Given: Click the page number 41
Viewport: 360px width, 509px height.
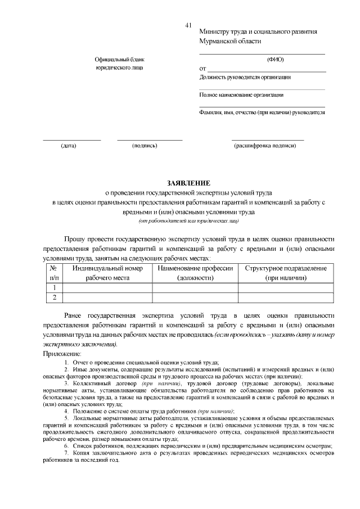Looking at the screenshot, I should (188, 25).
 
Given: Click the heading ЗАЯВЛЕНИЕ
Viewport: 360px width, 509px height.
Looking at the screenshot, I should (188, 183).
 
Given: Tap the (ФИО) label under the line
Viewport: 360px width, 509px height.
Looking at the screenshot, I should (275, 59).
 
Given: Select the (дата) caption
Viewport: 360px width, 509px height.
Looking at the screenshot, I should (69, 146).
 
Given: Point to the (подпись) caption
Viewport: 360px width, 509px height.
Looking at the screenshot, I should (145, 146).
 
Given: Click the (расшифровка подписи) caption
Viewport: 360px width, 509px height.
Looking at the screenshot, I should (265, 146).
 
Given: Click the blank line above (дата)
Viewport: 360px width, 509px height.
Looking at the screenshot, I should (72, 139).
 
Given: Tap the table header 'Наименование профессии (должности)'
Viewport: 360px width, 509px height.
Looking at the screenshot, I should (195, 273).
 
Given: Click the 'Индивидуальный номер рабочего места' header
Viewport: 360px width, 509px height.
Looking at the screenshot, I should (107, 273).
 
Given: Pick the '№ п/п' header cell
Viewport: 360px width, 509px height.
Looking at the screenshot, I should (54, 273).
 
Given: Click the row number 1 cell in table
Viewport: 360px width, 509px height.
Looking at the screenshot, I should (54, 288).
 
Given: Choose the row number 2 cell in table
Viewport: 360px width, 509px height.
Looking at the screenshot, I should (54, 298).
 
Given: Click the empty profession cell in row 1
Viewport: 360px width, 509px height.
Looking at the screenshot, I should (195, 288).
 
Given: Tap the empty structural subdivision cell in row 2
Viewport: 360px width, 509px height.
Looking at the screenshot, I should (286, 298).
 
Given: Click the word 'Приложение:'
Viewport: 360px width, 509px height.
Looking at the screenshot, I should (62, 353).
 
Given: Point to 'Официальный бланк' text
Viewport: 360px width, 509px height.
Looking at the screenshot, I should (119, 59).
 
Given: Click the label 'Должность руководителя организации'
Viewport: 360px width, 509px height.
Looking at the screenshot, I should (245, 77).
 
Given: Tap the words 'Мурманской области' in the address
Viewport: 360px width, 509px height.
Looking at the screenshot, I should (230, 41).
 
